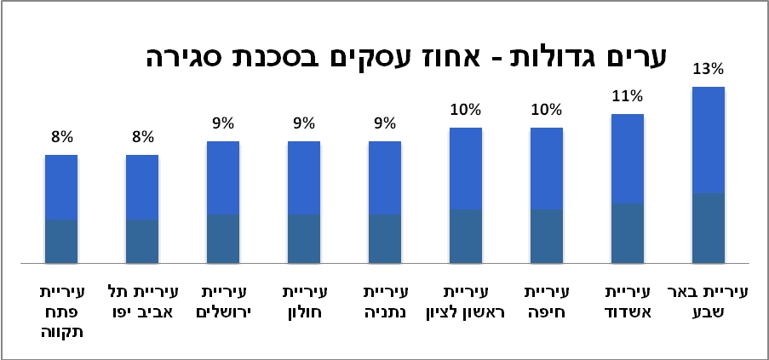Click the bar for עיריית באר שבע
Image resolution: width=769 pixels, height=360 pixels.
point(708,174)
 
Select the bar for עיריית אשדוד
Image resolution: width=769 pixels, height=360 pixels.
point(627,188)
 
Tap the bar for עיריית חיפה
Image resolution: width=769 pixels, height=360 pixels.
point(546,195)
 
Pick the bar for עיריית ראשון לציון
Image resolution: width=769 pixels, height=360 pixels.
point(465,195)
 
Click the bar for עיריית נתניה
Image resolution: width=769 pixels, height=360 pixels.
point(384,202)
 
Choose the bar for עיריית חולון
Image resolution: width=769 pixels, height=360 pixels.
point(304,202)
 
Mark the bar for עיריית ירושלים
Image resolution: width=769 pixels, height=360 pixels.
point(223,202)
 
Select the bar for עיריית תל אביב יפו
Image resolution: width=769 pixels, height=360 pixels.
point(142,209)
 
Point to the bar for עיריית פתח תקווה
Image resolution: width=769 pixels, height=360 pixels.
point(61,209)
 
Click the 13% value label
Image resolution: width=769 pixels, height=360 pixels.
point(708,69)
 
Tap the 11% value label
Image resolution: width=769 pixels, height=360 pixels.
point(627,96)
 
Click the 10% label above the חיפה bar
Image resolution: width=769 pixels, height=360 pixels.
point(546,110)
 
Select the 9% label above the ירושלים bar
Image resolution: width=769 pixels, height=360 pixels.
point(223,123)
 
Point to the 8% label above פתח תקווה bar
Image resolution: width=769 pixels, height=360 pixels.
point(61,137)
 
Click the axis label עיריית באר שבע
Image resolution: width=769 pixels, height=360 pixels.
point(708,301)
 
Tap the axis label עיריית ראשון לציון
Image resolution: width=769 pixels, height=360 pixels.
point(465,301)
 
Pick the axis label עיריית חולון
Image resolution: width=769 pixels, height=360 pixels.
point(304,301)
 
